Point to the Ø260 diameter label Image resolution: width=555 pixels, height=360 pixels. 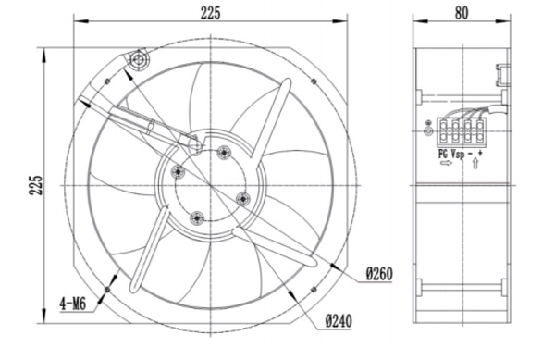click(x=380, y=274)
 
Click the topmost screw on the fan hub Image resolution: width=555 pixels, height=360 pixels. click(x=224, y=152)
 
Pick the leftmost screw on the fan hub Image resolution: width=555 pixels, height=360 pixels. click(x=179, y=172)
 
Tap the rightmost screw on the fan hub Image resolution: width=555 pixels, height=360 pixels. click(x=243, y=196)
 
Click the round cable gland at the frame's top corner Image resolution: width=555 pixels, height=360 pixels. click(x=140, y=61)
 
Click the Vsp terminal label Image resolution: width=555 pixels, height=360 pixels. click(x=462, y=153)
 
